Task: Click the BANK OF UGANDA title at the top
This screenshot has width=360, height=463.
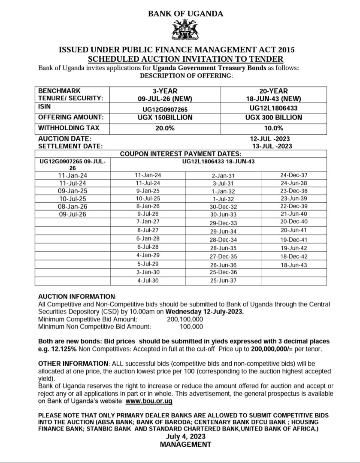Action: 185,14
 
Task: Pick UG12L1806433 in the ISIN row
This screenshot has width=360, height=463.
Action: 273,108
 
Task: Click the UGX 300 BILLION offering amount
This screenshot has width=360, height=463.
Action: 273,117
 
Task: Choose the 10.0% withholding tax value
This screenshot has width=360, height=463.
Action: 273,128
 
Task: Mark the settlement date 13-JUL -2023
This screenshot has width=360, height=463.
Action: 272,146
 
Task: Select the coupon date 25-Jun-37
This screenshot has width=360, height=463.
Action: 223,281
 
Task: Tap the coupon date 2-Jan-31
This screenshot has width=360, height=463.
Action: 223,176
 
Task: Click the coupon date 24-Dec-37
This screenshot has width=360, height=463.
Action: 293,175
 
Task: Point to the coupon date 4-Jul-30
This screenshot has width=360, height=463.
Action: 148,281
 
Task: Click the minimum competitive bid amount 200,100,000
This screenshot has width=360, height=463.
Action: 185,319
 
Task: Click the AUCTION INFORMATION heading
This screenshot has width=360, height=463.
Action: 77,297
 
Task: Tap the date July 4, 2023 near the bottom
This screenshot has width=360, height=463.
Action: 185,436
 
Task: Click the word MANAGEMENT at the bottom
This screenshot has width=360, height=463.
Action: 185,444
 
